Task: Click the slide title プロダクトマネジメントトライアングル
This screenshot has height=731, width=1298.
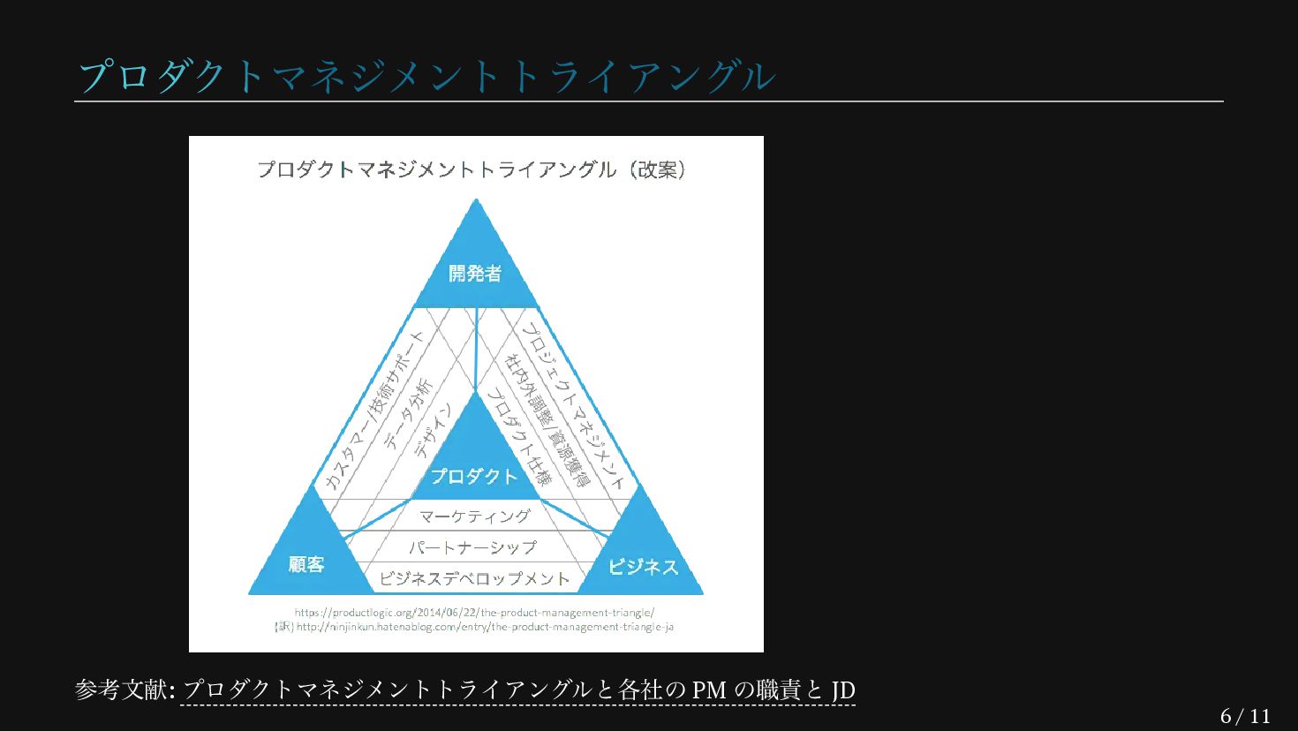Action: click(426, 77)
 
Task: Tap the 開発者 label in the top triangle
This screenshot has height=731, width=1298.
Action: click(475, 274)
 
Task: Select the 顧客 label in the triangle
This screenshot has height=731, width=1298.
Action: click(306, 565)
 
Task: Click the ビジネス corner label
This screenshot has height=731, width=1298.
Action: click(643, 567)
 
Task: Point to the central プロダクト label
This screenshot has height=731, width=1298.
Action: click(474, 477)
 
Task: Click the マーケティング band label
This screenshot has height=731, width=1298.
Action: click(475, 516)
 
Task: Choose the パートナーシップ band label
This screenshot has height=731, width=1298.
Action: click(472, 547)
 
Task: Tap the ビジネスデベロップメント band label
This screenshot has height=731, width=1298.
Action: click(474, 579)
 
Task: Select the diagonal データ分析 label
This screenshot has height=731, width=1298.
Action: click(408, 413)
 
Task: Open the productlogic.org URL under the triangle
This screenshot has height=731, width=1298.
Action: click(474, 612)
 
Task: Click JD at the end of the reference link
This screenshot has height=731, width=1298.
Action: click(843, 690)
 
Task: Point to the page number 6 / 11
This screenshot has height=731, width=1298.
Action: click(1245, 716)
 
